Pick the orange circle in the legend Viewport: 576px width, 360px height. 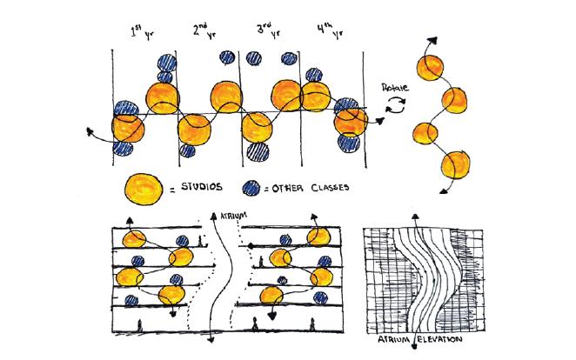(144, 186)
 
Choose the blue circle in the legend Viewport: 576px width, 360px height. (252, 185)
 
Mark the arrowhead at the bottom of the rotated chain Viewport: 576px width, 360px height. (447, 190)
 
